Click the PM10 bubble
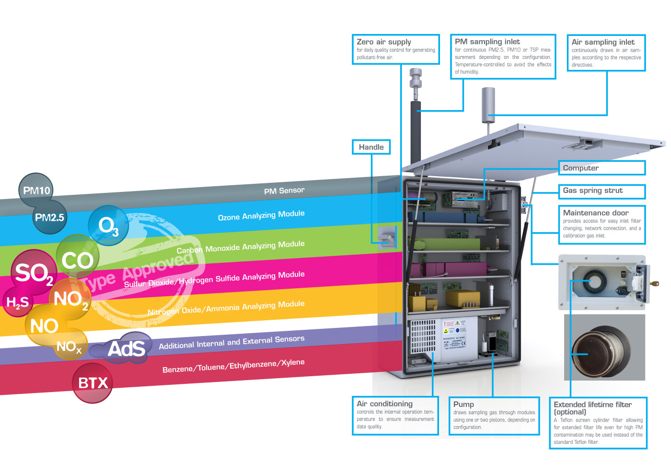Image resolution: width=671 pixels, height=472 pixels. (36, 191)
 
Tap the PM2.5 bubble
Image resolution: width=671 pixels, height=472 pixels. (49, 218)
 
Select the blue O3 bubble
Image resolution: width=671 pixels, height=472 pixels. (108, 225)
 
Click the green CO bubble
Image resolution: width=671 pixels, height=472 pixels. (77, 260)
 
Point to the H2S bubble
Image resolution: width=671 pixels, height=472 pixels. (17, 302)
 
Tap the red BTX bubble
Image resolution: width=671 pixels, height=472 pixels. (93, 383)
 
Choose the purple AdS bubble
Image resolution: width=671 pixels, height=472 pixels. (126, 348)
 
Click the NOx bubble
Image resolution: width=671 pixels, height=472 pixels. (69, 346)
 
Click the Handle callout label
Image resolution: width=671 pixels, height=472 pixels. (371, 147)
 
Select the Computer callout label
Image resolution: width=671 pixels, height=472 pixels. (581, 168)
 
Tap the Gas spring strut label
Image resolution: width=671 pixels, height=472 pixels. (593, 191)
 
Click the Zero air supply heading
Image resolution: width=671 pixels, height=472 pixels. (384, 42)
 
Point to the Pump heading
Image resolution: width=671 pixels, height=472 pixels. (463, 404)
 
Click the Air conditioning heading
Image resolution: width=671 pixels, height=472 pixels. (384, 404)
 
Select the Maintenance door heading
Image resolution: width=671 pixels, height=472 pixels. (596, 213)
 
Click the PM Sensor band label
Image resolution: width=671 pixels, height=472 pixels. (284, 191)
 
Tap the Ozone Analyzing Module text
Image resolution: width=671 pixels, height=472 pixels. (261, 215)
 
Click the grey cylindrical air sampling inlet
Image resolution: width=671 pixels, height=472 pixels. (488, 104)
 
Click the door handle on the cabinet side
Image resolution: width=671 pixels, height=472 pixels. (386, 237)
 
